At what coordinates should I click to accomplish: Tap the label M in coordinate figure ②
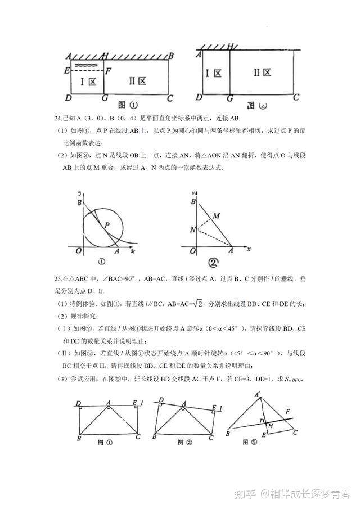[x=216, y=215]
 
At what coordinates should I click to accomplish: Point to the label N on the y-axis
[x=192, y=229]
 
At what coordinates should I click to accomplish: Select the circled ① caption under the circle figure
[x=101, y=261]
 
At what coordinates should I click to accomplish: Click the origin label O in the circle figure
[x=79, y=251]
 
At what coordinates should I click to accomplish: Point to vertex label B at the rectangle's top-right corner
[x=171, y=55]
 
